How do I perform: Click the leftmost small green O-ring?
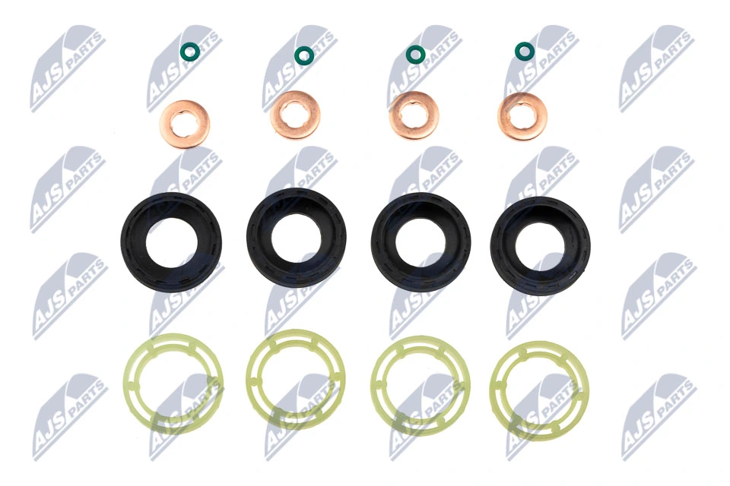(x=190, y=51)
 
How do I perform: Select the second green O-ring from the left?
(x=303, y=55)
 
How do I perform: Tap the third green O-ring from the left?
(x=415, y=54)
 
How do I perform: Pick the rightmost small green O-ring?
(x=525, y=51)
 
